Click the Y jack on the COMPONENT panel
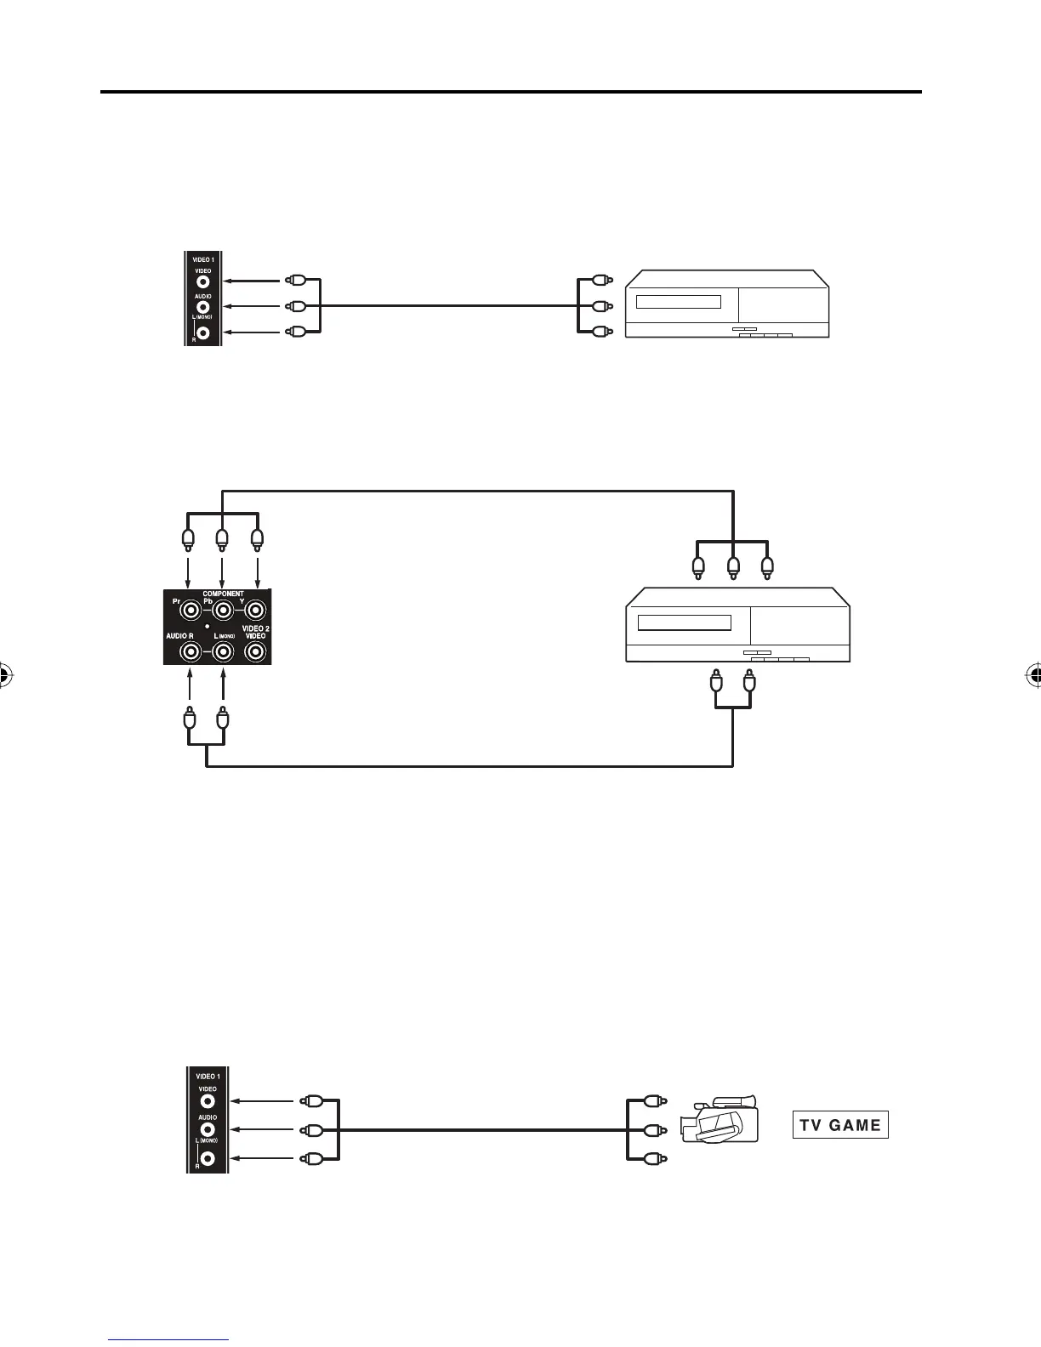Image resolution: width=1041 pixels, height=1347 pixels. (x=254, y=610)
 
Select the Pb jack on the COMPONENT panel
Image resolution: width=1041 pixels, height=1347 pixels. (x=222, y=610)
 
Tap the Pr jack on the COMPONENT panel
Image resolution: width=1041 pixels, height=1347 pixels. (x=190, y=610)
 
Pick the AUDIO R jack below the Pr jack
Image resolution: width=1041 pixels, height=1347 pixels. (x=190, y=651)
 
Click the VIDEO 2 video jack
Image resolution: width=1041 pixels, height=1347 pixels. (x=254, y=651)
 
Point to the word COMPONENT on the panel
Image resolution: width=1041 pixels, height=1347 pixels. (x=223, y=594)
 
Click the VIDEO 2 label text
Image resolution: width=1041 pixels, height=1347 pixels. (x=254, y=628)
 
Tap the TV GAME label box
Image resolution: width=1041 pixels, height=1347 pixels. (x=839, y=1124)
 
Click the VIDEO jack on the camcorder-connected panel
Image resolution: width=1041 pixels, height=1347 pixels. (x=208, y=1100)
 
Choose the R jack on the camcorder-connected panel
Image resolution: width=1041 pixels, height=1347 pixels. (x=208, y=1158)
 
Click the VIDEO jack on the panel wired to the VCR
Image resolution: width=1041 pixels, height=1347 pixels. (x=203, y=281)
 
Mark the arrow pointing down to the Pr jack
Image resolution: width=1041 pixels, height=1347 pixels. (x=188, y=570)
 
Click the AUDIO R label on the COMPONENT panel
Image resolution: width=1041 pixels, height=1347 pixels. (x=179, y=636)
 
